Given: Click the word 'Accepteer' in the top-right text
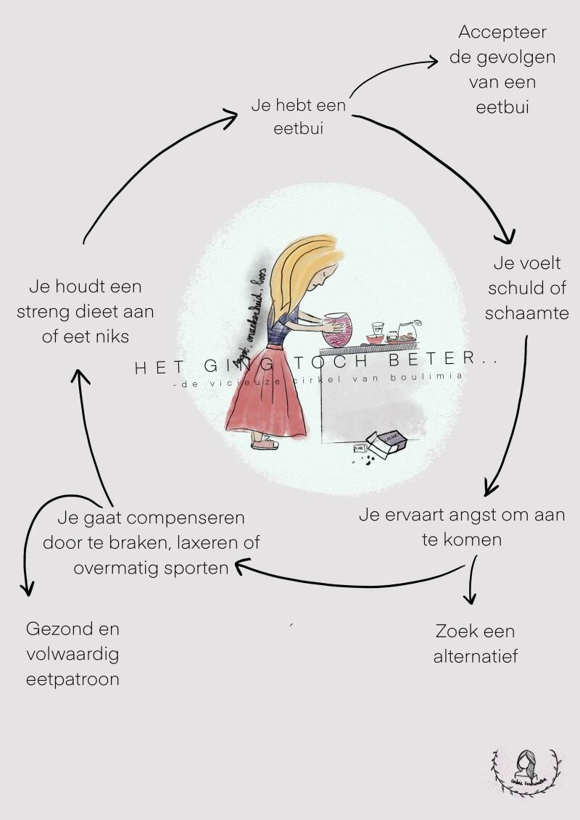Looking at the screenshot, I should pyautogui.click(x=502, y=33).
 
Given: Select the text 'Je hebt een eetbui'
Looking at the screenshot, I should pyautogui.click(x=298, y=117).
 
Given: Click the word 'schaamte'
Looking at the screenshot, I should pyautogui.click(x=526, y=313).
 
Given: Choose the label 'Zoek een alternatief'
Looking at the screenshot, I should pyautogui.click(x=475, y=644).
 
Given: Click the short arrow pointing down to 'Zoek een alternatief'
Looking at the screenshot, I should pyautogui.click(x=472, y=580).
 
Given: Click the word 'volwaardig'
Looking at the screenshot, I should pyautogui.click(x=72, y=654).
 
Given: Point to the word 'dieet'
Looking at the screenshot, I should pyautogui.click(x=115, y=312).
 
